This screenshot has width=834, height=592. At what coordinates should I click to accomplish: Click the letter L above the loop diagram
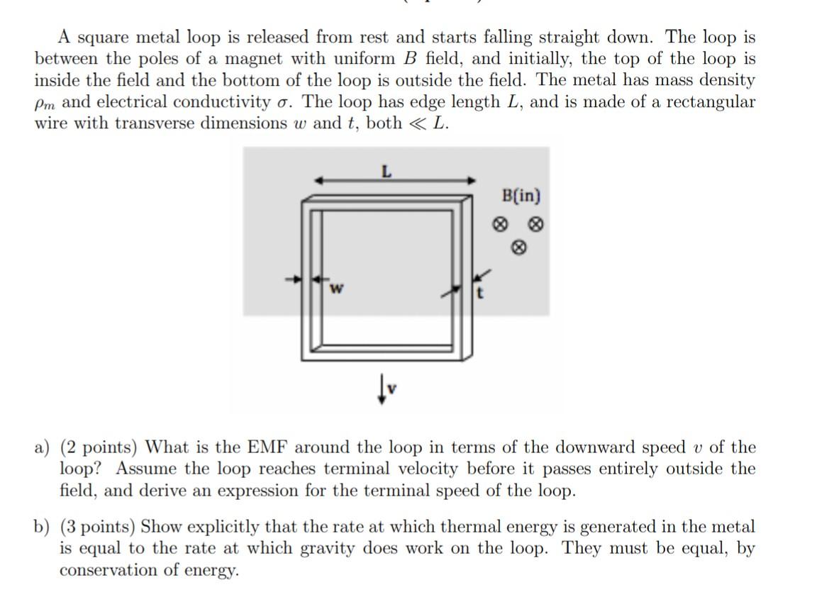pos(386,171)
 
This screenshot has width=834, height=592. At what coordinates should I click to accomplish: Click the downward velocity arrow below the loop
pos(383,389)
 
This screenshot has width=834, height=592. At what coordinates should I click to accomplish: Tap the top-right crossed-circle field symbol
pos(537,225)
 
